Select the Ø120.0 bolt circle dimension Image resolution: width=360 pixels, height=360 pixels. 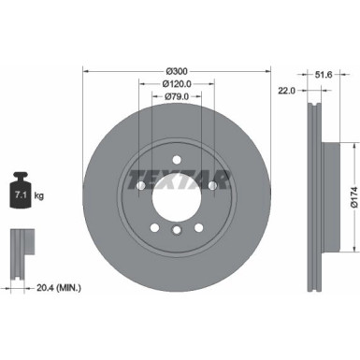click(x=177, y=83)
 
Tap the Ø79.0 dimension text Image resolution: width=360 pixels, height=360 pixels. click(x=177, y=95)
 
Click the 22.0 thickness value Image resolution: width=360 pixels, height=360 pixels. click(x=286, y=90)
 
